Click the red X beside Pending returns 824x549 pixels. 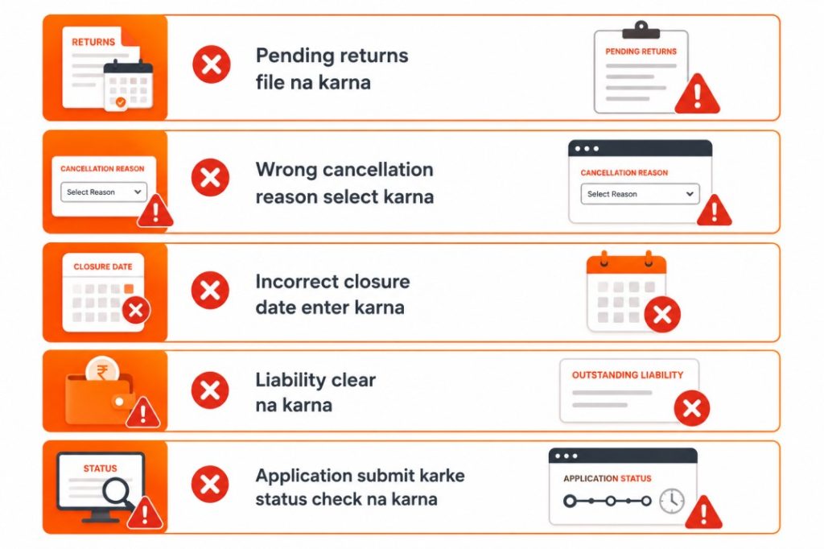click(x=212, y=64)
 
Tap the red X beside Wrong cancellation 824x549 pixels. click(x=210, y=177)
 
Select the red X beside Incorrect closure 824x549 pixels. click(x=210, y=290)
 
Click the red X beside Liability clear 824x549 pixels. click(x=210, y=390)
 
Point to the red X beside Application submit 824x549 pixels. click(x=210, y=484)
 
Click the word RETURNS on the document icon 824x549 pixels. click(x=93, y=42)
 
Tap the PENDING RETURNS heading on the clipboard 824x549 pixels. click(x=641, y=52)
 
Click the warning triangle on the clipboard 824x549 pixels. click(x=697, y=94)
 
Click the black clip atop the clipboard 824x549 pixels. click(x=641, y=30)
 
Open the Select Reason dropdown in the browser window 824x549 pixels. click(x=640, y=194)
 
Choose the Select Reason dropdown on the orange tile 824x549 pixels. click(x=104, y=192)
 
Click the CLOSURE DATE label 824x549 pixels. click(x=103, y=266)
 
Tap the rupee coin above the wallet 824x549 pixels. click(x=102, y=370)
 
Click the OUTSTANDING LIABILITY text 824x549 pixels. click(x=628, y=375)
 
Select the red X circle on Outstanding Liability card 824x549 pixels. click(x=691, y=408)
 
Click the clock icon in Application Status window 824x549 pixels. click(x=672, y=501)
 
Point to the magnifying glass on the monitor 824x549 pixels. click(x=118, y=493)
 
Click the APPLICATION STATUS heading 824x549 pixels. click(x=607, y=478)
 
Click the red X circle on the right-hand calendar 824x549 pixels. click(x=662, y=315)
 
